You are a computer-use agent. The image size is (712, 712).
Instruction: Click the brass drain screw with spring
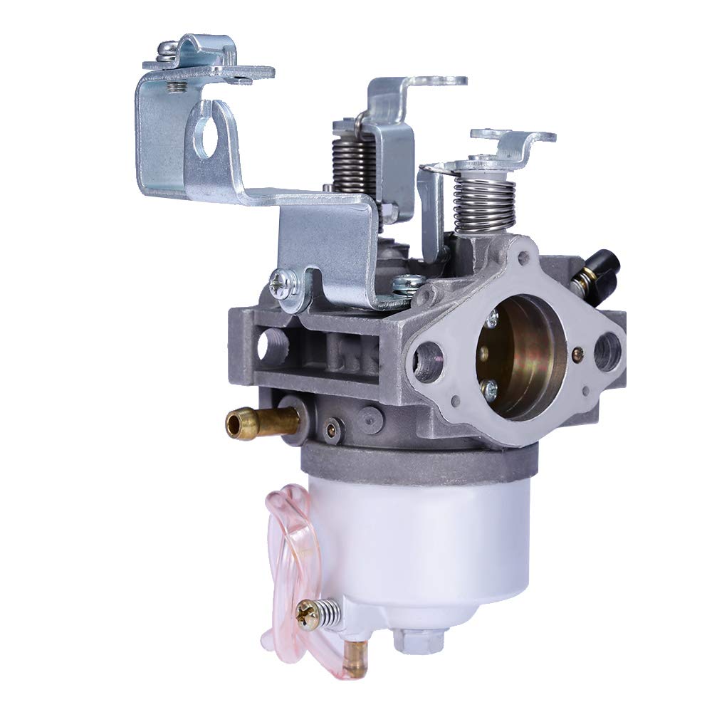(310, 612)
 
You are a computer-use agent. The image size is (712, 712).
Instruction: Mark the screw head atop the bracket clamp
(168, 51)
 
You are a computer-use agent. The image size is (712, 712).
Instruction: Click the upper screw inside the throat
(491, 320)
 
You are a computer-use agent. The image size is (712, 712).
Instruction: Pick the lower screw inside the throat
(489, 388)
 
